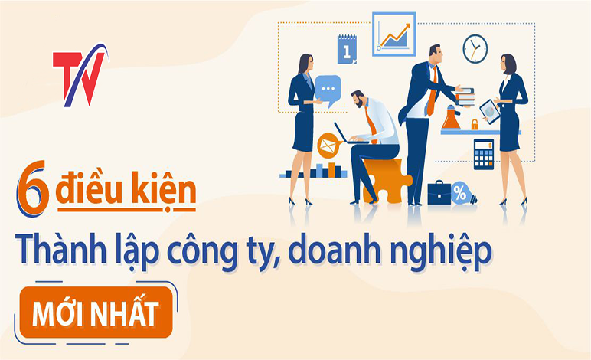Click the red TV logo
pos(80,75)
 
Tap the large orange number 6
pos(33,188)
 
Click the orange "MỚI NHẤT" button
pos(96,313)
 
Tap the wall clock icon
pos(475,48)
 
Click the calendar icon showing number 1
pos(347,49)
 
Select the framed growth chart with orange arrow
pos(394,34)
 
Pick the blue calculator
pos(484,154)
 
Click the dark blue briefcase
pos(439,193)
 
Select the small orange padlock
pos(475,124)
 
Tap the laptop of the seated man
pos(344,134)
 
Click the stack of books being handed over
pos(465,97)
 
